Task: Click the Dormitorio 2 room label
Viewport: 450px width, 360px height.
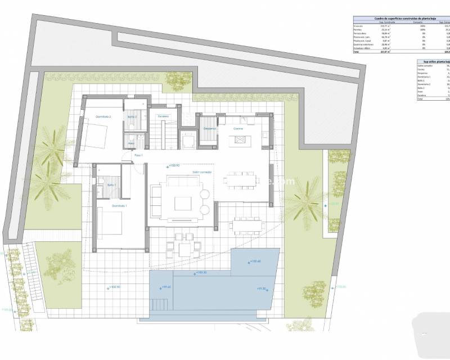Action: [103, 116]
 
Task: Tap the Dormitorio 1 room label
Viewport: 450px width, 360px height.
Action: [120, 206]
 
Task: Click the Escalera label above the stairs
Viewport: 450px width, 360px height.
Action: [164, 116]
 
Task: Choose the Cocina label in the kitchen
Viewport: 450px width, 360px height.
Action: [239, 128]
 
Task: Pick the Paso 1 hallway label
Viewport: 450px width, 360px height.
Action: [138, 155]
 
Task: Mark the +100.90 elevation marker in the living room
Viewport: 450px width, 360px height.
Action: [174, 166]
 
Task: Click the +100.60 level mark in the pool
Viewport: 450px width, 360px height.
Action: [256, 261]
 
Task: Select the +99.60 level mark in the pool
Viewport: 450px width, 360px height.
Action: [165, 287]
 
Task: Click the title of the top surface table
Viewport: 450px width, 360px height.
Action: [398, 19]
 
